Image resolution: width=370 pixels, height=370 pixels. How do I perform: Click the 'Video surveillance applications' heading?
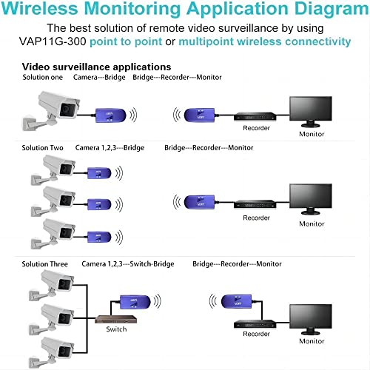pyautogui.click(x=96, y=67)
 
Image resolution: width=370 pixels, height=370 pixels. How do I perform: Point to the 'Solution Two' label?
pyautogui.click(x=43, y=148)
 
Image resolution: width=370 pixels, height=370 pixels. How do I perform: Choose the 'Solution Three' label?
pyautogui.click(x=45, y=264)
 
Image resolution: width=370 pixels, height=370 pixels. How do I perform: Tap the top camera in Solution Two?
pyautogui.click(x=55, y=169)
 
